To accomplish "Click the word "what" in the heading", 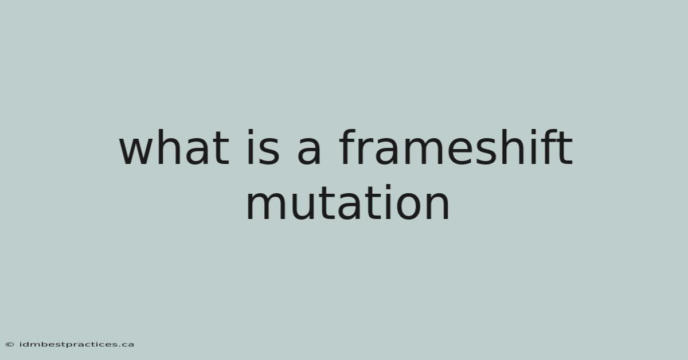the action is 174,147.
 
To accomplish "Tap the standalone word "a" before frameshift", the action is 309,152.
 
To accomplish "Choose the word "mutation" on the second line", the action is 347,202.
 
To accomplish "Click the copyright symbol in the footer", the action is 10,345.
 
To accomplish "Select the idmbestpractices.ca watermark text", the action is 76,345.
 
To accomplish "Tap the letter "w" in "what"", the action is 136,152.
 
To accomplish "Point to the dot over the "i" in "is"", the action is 251,132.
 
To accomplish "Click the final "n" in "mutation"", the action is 438,206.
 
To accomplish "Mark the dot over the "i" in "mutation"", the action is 388,187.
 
